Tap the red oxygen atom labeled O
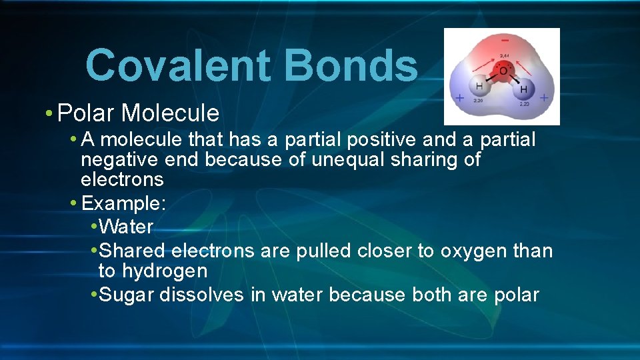[503, 71]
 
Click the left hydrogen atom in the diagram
[478, 87]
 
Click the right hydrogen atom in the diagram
[523, 89]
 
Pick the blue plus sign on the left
[459, 98]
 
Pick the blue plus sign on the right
[544, 98]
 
